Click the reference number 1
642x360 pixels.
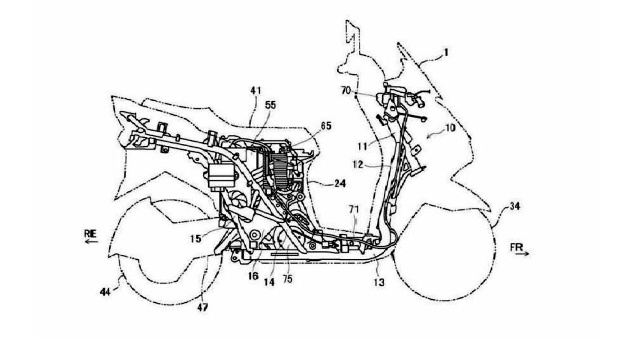tap(446, 52)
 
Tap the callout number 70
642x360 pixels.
tap(347, 90)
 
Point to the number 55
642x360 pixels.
tap(270, 105)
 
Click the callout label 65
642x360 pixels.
tap(326, 126)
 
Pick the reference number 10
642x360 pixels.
tap(450, 128)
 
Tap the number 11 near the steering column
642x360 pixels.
tap(362, 145)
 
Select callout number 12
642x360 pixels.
tap(358, 164)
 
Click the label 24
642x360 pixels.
tap(340, 183)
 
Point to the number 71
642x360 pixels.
tap(354, 209)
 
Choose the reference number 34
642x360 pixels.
tap(515, 206)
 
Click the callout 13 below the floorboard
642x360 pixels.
tap(379, 282)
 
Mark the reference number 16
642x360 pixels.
tap(253, 277)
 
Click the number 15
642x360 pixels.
tap(196, 238)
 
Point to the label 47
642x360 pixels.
tap(203, 308)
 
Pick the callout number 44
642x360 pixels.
tap(106, 292)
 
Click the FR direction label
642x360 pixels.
tap(517, 247)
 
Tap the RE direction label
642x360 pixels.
tap(90, 234)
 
